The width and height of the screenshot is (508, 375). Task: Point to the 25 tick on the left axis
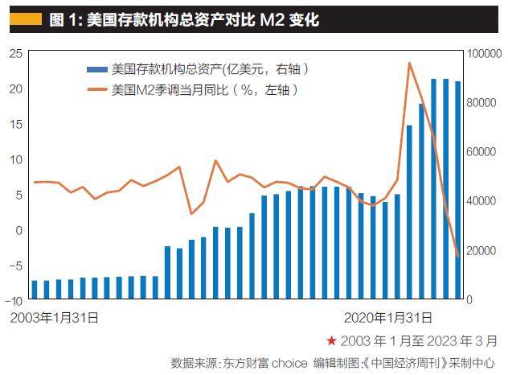click(14, 53)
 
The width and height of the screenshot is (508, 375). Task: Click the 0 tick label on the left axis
click(18, 229)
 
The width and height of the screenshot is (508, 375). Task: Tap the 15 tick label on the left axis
click(14, 124)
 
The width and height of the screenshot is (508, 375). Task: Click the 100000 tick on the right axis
click(485, 53)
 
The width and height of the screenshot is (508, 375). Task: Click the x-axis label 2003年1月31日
click(55, 318)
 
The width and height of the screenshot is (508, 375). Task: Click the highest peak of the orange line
click(410, 63)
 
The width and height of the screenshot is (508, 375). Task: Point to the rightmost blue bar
click(458, 190)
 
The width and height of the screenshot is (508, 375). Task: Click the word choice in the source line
click(290, 362)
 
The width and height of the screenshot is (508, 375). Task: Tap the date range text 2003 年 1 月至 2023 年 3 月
click(420, 341)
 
